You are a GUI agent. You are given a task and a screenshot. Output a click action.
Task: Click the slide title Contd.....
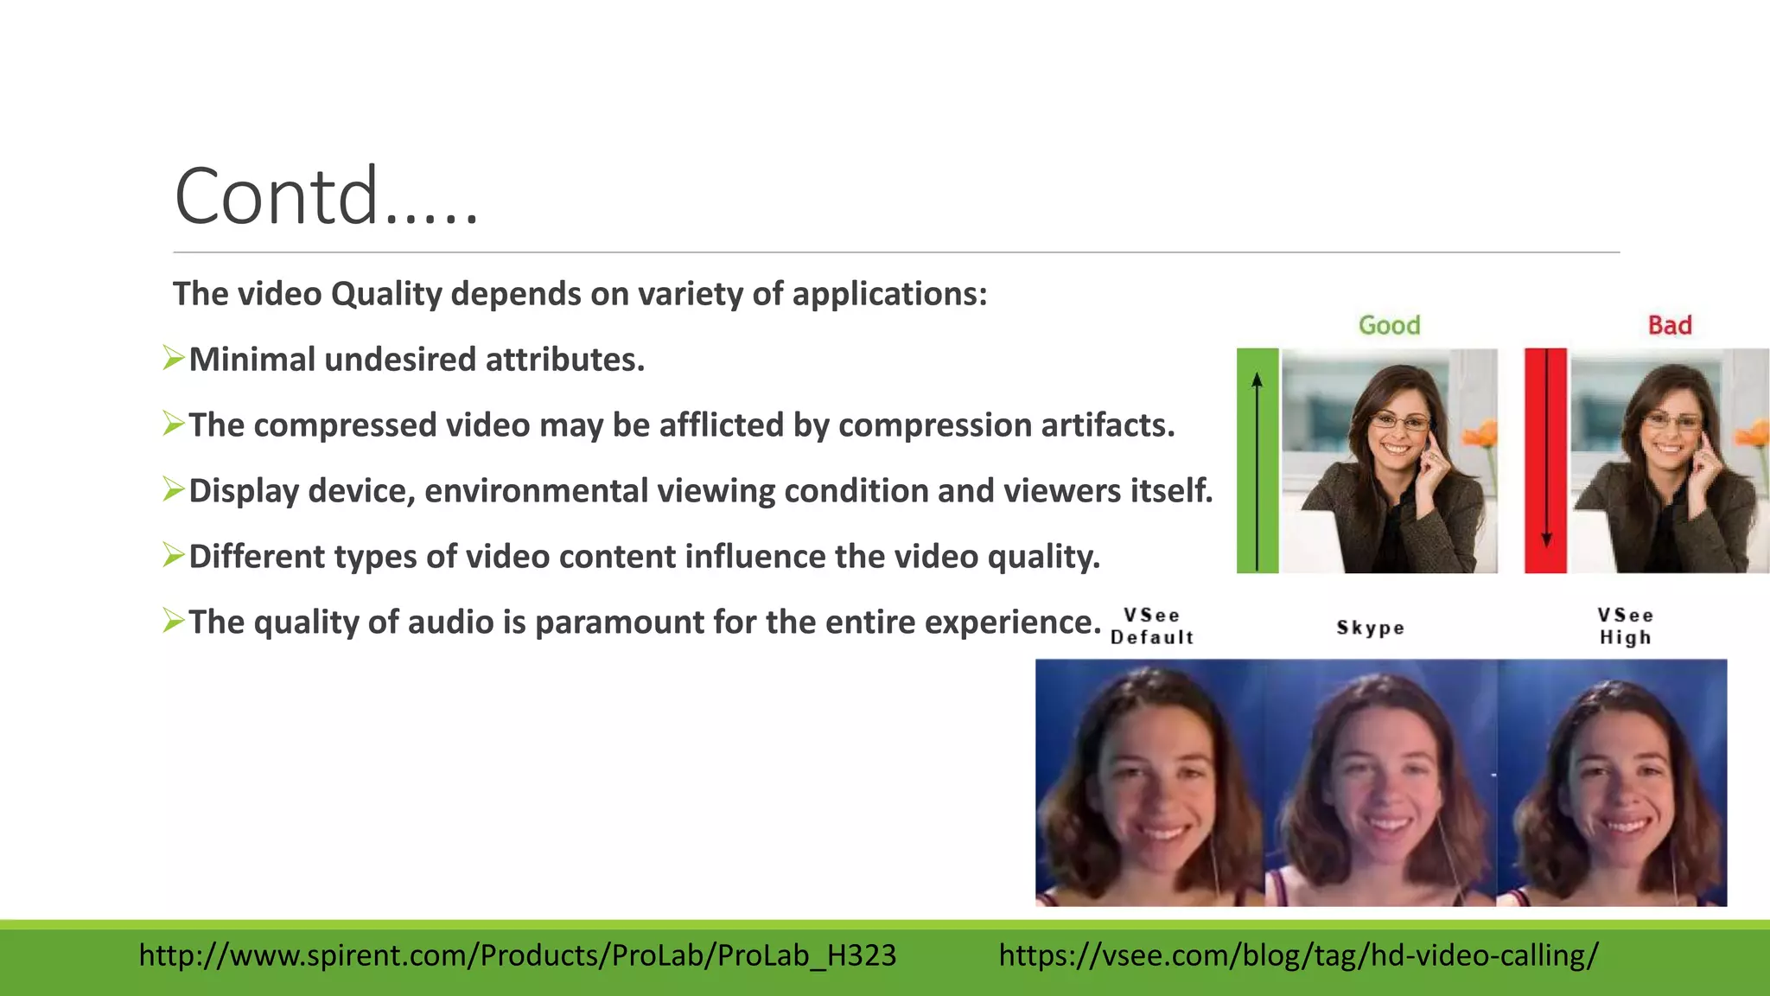(x=326, y=197)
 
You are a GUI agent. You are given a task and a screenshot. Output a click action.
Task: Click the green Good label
(x=1389, y=325)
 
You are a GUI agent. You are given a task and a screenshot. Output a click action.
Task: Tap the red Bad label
(x=1669, y=325)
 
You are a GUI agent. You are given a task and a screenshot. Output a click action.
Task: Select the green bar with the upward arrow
(x=1257, y=460)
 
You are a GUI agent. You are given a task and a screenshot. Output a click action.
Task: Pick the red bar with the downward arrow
(x=1545, y=460)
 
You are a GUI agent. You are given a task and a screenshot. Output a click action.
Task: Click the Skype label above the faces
(x=1370, y=628)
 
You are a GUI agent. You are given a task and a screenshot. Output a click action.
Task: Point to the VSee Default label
(x=1152, y=626)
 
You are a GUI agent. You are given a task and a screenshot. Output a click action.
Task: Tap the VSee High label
(x=1625, y=626)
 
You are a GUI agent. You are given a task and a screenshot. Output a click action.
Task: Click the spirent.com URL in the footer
(x=517, y=955)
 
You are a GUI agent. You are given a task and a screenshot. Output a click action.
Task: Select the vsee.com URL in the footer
(x=1298, y=955)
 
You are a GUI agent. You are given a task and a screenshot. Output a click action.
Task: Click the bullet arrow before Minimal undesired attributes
(x=174, y=357)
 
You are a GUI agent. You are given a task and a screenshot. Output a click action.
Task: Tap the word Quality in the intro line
(x=386, y=294)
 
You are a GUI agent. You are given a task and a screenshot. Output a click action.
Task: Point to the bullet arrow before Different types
(x=174, y=554)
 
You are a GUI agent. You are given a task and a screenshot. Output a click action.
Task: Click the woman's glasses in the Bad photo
(x=1673, y=421)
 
